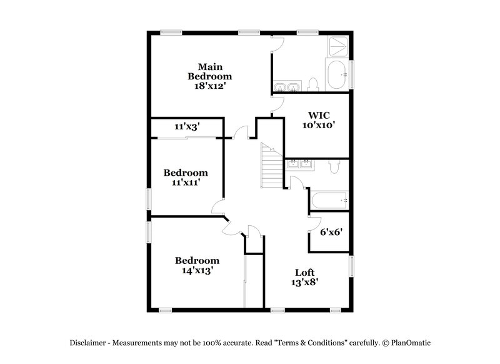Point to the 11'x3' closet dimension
(186, 126)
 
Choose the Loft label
(305, 273)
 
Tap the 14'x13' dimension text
(197, 271)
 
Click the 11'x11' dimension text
(186, 183)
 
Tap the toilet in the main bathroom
(314, 84)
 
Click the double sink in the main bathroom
(286, 86)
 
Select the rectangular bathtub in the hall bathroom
(327, 201)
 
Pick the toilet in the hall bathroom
(334, 166)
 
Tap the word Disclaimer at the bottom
(88, 343)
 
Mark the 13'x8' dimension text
(305, 283)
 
